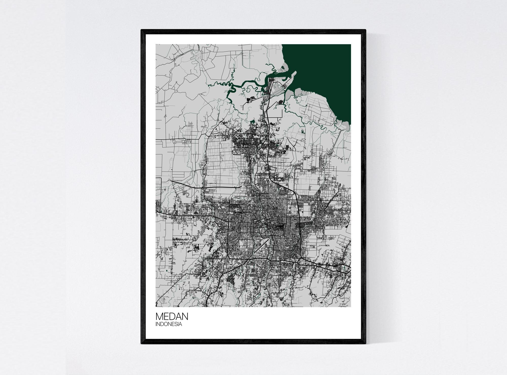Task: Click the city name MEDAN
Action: (x=172, y=317)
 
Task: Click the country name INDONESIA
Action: (x=169, y=324)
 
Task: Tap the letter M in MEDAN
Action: (x=159, y=317)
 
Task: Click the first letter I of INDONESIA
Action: (x=156, y=324)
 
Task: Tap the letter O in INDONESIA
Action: (x=165, y=324)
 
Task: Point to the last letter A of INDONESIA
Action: (x=180, y=324)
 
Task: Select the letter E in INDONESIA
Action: (x=172, y=324)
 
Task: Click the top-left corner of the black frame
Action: (x=141, y=30)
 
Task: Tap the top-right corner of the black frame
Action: (x=366, y=30)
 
